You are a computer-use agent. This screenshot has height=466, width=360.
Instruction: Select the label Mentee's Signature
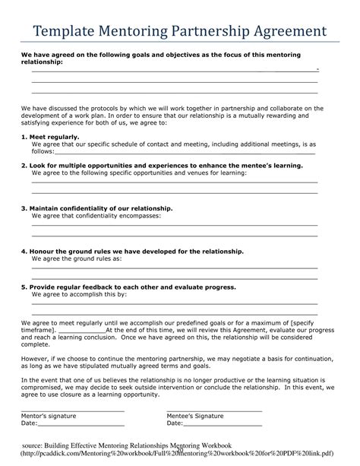[195, 416]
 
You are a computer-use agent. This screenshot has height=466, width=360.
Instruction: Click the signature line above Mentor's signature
[72, 410]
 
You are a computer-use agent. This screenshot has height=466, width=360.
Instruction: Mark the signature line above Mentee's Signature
[214, 410]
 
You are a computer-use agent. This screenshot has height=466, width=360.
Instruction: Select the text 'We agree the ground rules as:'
[77, 258]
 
